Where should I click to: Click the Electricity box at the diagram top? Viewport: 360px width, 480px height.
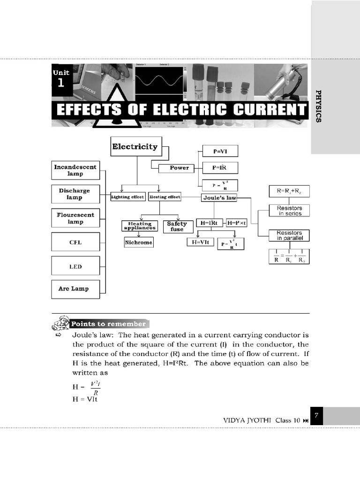[x=135, y=147]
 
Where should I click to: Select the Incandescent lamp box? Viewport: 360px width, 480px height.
[x=75, y=170]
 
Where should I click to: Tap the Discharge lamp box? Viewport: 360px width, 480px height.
[x=75, y=194]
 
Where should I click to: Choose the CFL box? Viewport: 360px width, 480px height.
[x=75, y=242]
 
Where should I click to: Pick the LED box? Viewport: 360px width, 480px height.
[x=75, y=266]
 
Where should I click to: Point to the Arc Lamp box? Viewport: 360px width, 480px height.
[x=75, y=289]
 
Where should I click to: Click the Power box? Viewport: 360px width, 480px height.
[x=179, y=168]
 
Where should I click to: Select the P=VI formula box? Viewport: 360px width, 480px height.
[x=219, y=151]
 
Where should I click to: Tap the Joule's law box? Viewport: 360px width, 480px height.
[x=219, y=198]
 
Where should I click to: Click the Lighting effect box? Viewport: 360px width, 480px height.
[x=127, y=197]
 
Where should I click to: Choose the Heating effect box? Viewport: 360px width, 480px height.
[x=165, y=197]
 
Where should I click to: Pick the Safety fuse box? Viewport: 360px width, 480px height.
[x=177, y=226]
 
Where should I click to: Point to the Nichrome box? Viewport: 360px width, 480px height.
[x=139, y=242]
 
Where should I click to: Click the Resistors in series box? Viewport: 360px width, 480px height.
[x=289, y=210]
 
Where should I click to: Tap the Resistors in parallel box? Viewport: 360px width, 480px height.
[x=289, y=235]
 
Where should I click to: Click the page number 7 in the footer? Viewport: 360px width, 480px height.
[x=317, y=416]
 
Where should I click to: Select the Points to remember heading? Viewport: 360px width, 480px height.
[x=108, y=324]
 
